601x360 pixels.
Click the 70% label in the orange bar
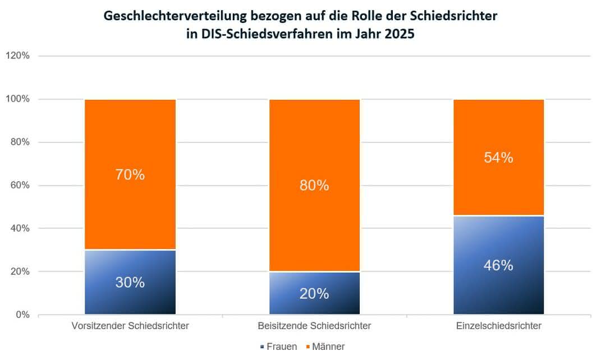click(130, 175)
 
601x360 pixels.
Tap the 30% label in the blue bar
click(130, 283)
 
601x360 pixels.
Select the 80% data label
click(314, 185)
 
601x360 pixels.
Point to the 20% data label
click(314, 293)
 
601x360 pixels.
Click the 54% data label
click(498, 158)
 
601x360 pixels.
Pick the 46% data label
click(498, 266)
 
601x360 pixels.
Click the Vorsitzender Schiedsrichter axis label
click(130, 326)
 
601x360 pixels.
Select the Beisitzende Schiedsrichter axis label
click(314, 326)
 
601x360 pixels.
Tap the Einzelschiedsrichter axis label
click(498, 326)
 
